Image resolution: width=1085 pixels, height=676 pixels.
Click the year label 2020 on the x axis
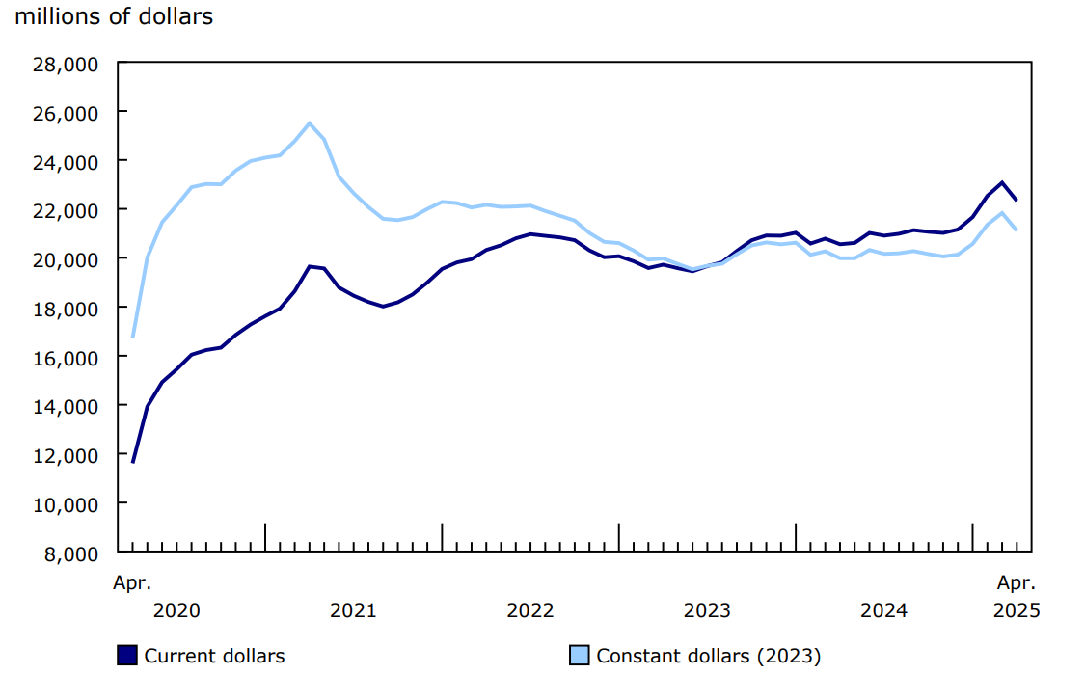pyautogui.click(x=176, y=610)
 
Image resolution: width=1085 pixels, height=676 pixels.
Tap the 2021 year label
pyautogui.click(x=353, y=610)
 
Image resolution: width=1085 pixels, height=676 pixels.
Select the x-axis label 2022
pyautogui.click(x=530, y=610)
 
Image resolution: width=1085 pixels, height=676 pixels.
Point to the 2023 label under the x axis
pyautogui.click(x=707, y=610)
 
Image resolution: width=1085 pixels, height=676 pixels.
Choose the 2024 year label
pyautogui.click(x=883, y=610)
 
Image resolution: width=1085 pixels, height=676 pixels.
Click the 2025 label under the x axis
pyautogui.click(x=1017, y=610)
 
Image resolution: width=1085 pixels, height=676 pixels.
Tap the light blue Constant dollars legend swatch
pyautogui.click(x=579, y=656)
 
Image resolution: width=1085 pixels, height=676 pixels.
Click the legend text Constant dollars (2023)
pyautogui.click(x=708, y=656)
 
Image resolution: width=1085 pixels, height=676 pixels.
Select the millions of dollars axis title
pyautogui.click(x=114, y=17)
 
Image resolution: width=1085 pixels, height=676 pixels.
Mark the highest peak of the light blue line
pyautogui.click(x=309, y=123)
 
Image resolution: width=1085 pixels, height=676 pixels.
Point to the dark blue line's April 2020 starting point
pyautogui.click(x=133, y=462)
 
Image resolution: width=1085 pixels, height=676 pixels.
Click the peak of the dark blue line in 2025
pyautogui.click(x=1002, y=182)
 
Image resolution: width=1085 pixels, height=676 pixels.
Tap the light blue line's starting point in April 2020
pyautogui.click(x=133, y=337)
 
